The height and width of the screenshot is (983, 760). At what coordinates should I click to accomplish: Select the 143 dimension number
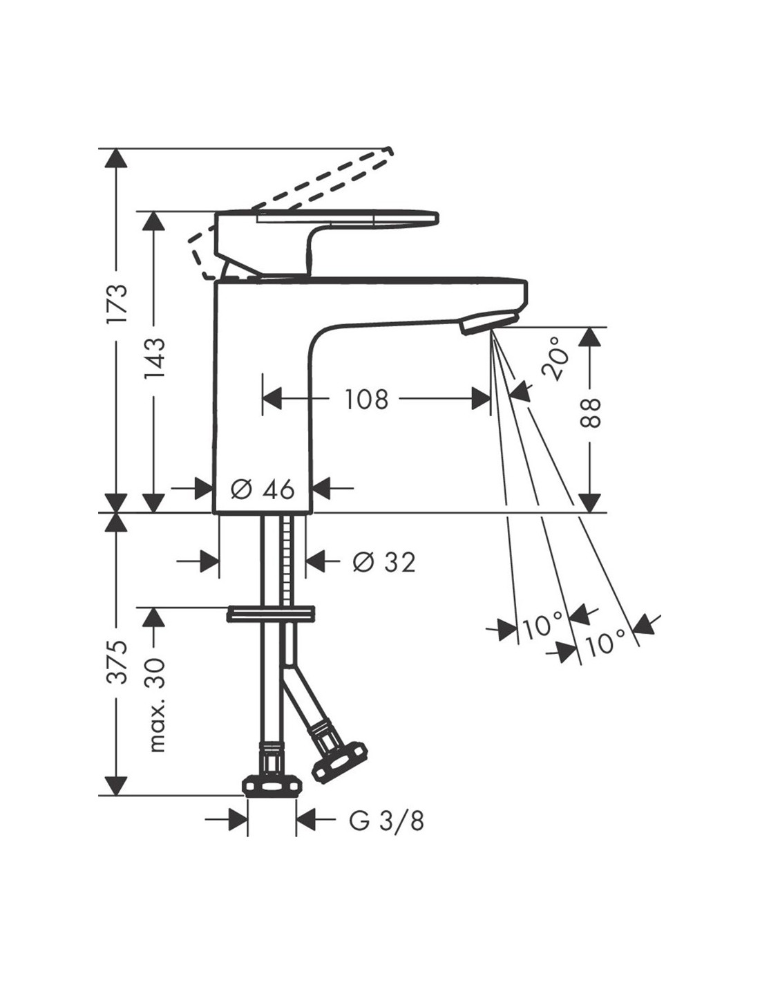pyautogui.click(x=155, y=359)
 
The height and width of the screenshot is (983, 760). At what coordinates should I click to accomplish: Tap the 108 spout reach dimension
pyautogui.click(x=367, y=400)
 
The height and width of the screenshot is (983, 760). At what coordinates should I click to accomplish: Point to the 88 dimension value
pyautogui.click(x=591, y=413)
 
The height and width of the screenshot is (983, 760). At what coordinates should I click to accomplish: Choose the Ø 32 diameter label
pyautogui.click(x=384, y=562)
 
